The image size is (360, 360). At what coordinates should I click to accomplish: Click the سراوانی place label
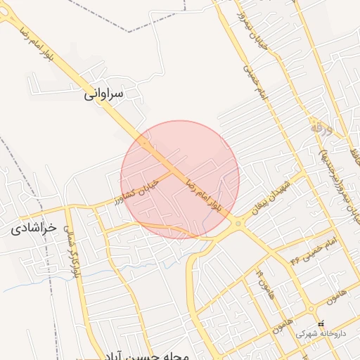click(x=103, y=93)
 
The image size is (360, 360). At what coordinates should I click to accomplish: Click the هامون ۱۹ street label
click(x=263, y=282)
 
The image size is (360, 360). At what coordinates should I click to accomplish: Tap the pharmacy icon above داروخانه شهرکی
click(x=321, y=324)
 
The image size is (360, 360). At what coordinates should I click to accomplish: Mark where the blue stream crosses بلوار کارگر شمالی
click(x=72, y=271)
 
